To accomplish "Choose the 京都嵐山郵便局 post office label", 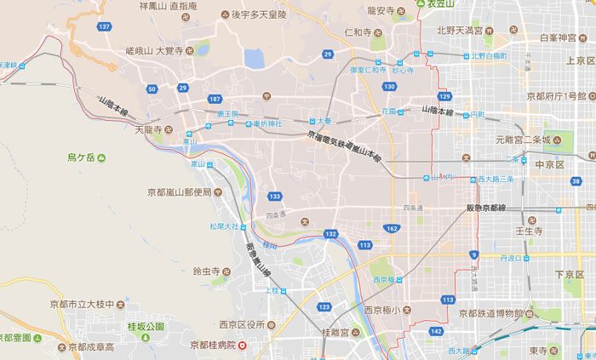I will (x=179, y=192).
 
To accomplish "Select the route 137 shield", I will (x=104, y=27).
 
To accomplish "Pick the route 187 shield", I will (x=214, y=100).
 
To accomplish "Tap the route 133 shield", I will (x=274, y=197).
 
